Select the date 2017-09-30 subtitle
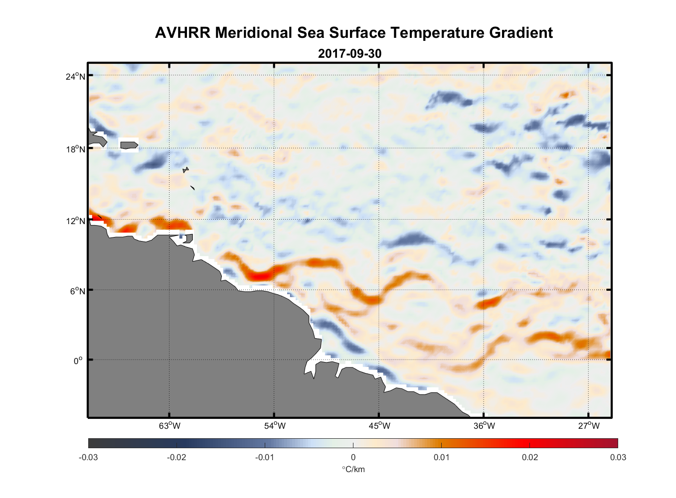[349, 53]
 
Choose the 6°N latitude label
[77, 291]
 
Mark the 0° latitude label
[78, 361]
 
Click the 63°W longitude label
[169, 426]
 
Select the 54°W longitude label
[275, 426]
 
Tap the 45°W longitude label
[379, 426]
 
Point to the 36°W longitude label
[484, 426]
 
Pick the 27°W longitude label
[589, 426]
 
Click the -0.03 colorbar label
[88, 458]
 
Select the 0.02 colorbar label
[529, 458]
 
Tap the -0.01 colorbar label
[264, 458]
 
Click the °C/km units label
[353, 469]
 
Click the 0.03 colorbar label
[618, 458]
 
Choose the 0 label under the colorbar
[353, 458]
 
